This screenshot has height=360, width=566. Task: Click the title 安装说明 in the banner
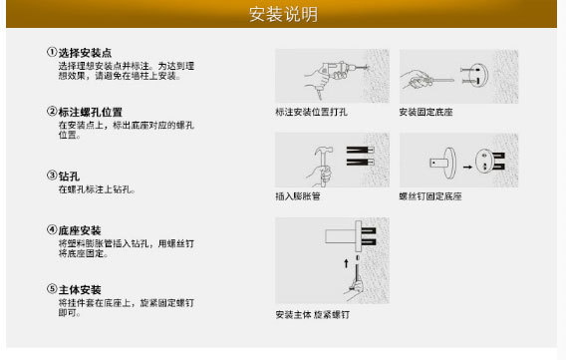coord(283,14)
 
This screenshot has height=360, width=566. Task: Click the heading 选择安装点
coord(85,53)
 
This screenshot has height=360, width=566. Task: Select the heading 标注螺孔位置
coord(91,113)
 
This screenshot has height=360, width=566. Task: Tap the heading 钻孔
coord(70,177)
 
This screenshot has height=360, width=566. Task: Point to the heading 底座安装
coord(80,230)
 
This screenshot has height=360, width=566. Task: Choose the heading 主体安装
coord(80,289)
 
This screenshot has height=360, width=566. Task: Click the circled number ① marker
coord(52,52)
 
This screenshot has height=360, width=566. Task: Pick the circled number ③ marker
coord(52,176)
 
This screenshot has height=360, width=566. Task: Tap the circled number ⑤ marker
coord(52,289)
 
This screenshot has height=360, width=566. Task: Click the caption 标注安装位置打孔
coord(312,112)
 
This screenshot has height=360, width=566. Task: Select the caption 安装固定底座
coord(425,112)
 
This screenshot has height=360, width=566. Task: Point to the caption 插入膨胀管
coord(298,196)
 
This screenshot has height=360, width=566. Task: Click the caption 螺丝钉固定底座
coord(430,196)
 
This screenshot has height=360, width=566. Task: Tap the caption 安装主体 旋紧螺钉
coord(313,314)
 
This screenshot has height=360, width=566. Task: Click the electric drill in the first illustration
coord(340,70)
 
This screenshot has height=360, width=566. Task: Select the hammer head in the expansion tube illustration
coord(324,151)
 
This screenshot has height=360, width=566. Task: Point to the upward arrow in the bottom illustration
coord(346,263)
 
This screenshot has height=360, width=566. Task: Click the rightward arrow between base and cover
coord(467,167)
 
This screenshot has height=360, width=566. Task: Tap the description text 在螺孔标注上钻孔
coord(97,189)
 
